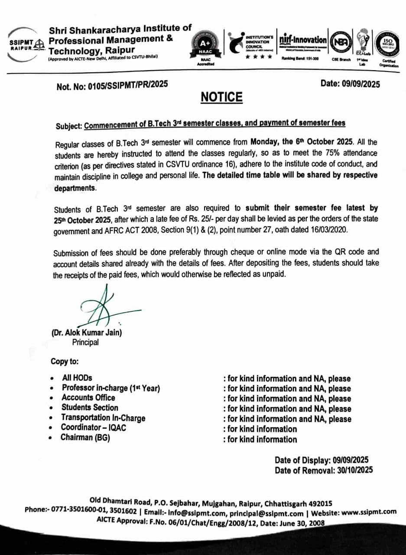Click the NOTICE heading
pos(221,97)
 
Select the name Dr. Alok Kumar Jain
pos(87,333)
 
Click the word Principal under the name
pos(85,343)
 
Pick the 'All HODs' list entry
pos(77,378)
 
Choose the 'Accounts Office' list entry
pos(88,398)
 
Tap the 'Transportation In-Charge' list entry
pos(103,418)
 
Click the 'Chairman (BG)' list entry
pos(85,438)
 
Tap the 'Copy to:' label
pos(65,361)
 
